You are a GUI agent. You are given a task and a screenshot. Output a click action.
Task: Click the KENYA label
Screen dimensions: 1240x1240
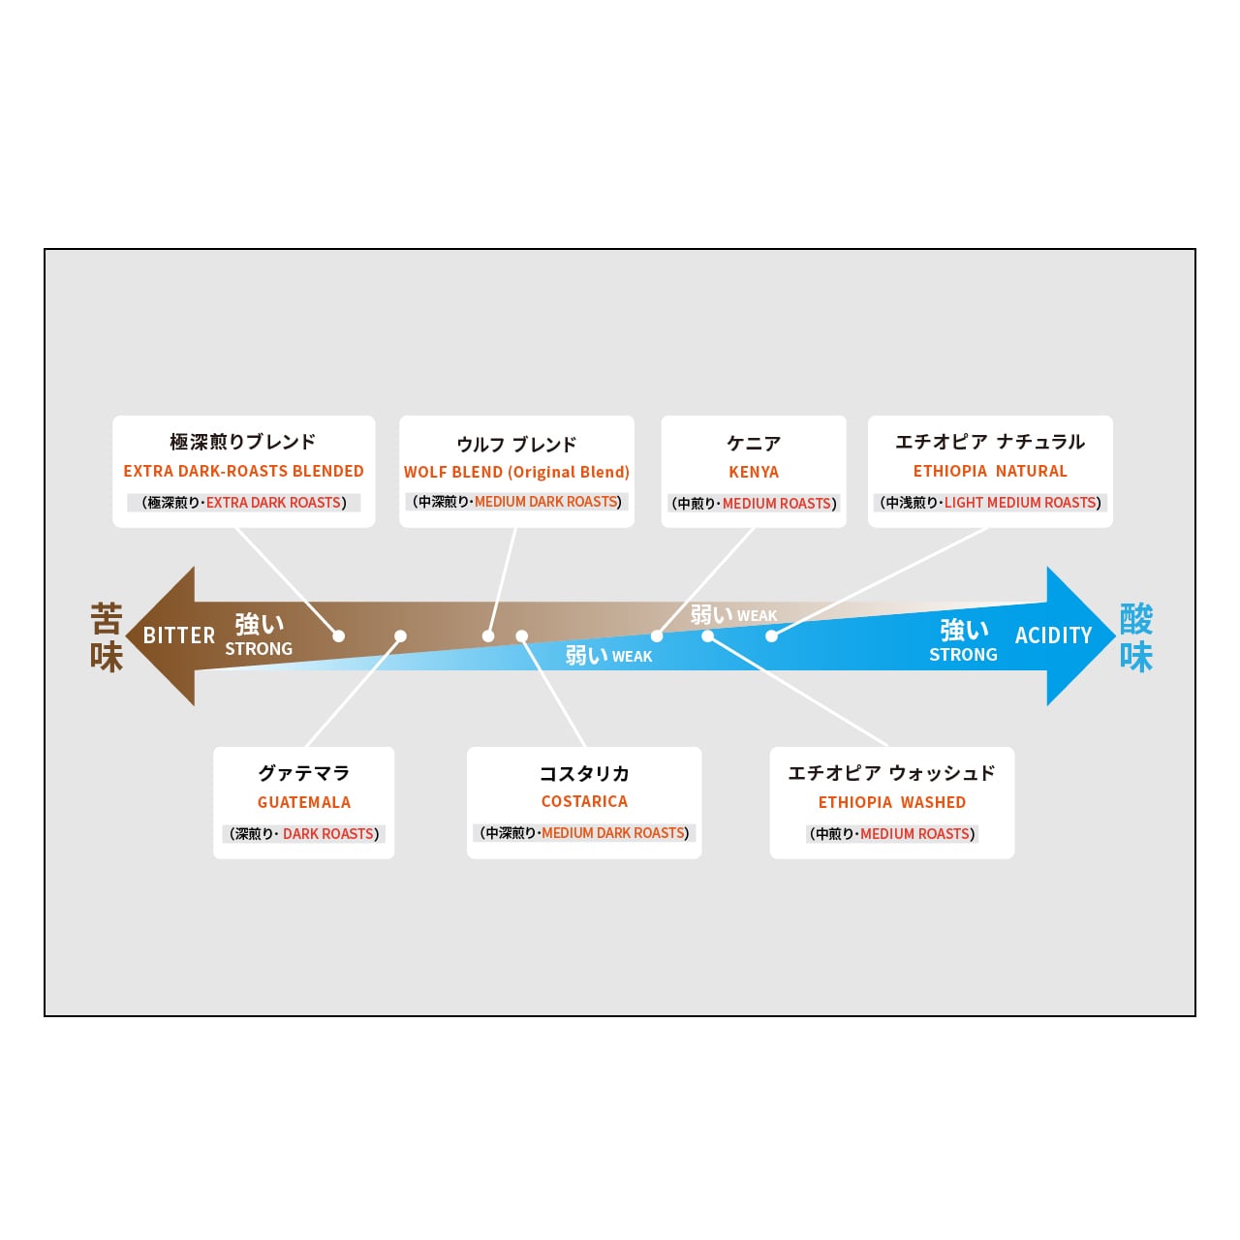753,472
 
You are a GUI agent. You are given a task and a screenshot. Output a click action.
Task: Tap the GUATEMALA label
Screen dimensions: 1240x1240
304,802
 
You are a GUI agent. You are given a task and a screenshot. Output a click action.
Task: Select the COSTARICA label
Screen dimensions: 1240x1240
583,801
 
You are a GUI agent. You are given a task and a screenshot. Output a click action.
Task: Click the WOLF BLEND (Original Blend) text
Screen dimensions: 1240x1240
516,472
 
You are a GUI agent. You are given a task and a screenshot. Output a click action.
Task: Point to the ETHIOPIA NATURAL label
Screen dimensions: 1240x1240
990,471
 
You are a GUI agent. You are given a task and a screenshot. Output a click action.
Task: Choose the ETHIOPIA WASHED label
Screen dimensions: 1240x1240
891,802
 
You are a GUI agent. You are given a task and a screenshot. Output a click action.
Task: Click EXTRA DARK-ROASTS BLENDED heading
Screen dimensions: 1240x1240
243,471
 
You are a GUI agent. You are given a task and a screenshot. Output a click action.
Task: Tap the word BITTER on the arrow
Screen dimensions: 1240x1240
179,635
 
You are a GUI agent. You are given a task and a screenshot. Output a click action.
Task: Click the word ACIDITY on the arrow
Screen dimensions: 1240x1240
1053,635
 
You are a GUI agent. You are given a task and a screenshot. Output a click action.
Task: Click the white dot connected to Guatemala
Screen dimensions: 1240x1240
400,635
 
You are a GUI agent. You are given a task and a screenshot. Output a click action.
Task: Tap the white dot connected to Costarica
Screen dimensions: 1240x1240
522,635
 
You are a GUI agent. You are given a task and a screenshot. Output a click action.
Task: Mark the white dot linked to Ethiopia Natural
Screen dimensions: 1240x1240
771,635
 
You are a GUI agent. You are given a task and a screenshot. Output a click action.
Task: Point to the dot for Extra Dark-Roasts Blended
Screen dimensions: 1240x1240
338,635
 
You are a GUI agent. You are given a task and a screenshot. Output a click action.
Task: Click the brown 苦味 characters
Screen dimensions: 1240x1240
107,637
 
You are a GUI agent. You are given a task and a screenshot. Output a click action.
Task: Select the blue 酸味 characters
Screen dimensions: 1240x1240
1135,637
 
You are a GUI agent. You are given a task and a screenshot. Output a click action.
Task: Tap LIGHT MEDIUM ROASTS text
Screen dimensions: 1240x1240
1020,502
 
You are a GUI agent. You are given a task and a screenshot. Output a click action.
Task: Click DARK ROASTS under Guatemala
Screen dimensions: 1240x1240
328,833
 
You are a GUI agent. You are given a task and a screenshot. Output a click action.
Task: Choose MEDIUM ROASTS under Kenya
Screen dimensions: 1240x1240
777,503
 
